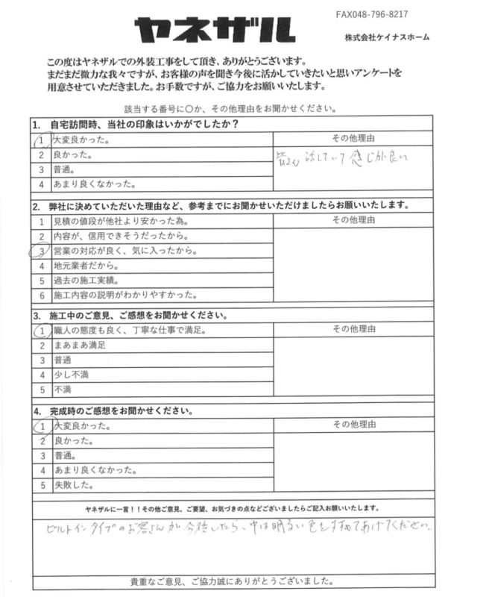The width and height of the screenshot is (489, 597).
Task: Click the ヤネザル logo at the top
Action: [213, 31]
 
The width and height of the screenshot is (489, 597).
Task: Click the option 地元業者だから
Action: [86, 265]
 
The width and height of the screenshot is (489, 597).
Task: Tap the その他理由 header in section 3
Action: [354, 328]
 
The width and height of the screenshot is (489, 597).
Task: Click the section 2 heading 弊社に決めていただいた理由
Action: [216, 204]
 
